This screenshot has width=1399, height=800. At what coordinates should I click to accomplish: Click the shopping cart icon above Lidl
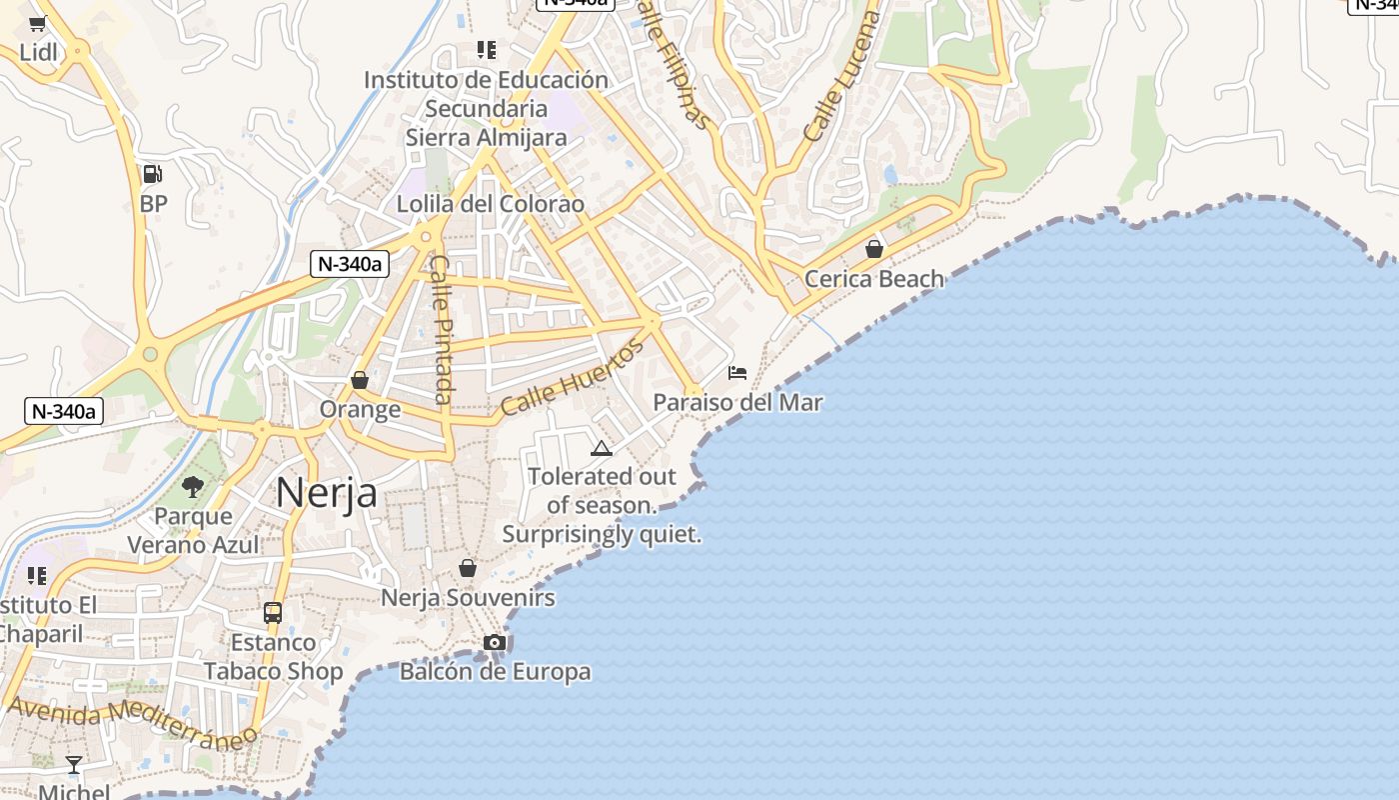click(37, 24)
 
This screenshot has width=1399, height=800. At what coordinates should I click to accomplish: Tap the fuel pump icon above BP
click(152, 174)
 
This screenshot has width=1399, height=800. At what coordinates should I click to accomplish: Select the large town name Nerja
click(326, 493)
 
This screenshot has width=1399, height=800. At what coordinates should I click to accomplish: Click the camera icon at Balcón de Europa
click(494, 642)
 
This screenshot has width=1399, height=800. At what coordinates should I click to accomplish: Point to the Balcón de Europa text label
click(495, 672)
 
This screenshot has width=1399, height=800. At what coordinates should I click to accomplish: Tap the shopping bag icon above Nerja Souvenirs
click(467, 568)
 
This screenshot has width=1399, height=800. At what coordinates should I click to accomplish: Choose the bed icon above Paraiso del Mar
click(737, 373)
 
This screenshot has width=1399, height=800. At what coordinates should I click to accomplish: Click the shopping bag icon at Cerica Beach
click(874, 249)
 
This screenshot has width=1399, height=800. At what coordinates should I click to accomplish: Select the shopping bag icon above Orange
click(360, 380)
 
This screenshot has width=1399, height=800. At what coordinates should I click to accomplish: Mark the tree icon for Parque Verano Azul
click(193, 487)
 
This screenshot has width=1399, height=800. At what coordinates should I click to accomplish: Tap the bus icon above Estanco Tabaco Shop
click(273, 612)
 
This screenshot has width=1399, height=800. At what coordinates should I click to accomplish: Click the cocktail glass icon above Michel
click(74, 765)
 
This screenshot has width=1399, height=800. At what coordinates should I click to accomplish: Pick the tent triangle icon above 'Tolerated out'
click(601, 448)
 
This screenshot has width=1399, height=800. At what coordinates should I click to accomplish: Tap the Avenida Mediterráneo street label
click(132, 723)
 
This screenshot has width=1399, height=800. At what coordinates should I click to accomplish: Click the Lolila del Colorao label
click(490, 204)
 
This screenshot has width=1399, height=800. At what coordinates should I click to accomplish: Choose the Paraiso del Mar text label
click(737, 402)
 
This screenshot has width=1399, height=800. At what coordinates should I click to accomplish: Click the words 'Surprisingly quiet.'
click(602, 535)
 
